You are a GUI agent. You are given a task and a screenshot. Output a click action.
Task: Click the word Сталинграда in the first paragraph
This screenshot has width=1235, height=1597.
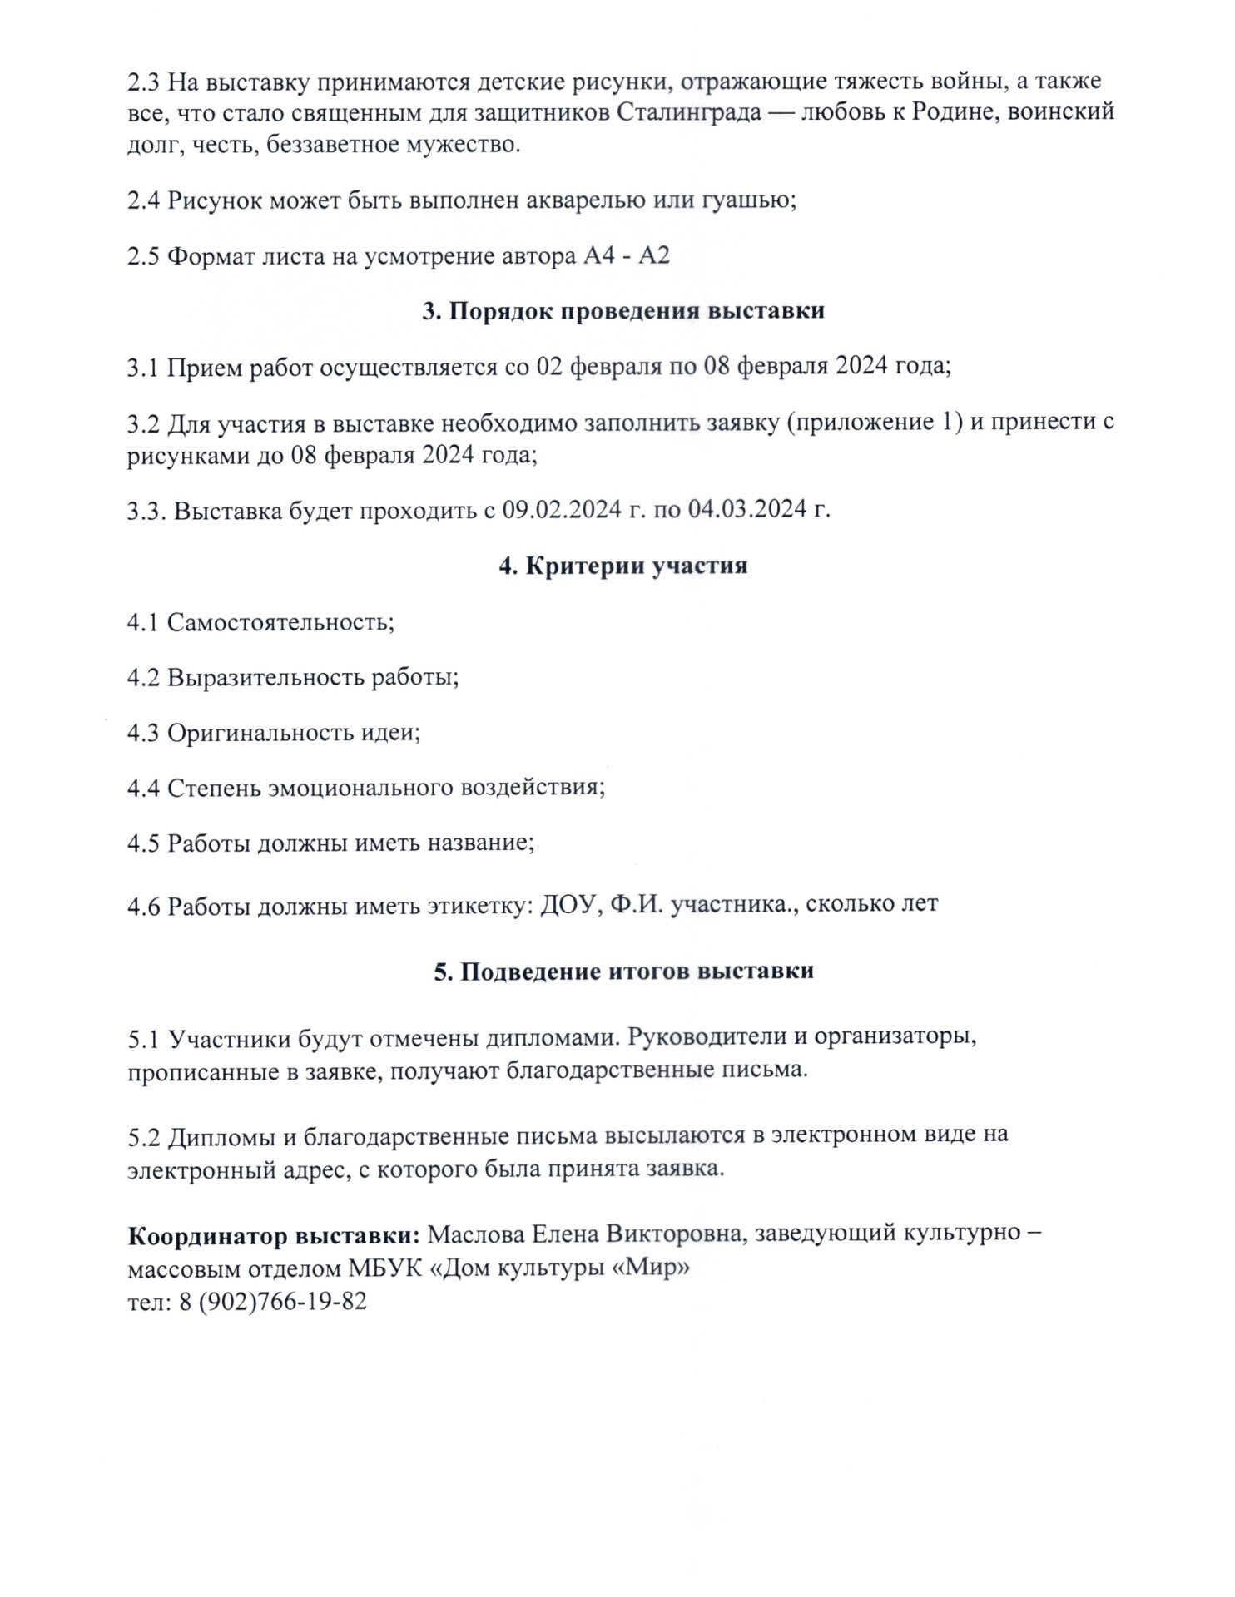689,113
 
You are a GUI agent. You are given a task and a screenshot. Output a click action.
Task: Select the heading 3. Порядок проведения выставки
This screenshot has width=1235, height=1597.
623,310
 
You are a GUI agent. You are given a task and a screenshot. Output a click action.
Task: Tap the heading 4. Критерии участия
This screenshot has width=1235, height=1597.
623,566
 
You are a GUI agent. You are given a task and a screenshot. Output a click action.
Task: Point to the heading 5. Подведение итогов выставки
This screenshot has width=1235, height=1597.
624,971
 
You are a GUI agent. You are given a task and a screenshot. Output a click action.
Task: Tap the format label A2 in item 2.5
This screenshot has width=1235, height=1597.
653,255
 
